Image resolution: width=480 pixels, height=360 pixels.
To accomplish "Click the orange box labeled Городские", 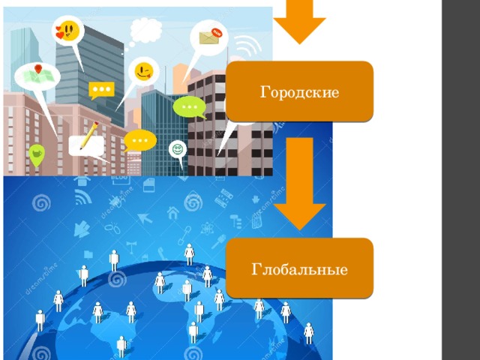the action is [x=299, y=91].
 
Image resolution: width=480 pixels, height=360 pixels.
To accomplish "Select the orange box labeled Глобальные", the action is [x=299, y=268].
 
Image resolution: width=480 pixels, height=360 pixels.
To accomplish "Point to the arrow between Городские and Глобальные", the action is [x=299, y=184].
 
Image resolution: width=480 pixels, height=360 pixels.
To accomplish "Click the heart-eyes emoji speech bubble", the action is [x=67, y=31].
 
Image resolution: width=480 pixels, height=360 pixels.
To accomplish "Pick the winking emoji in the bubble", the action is [x=144, y=72].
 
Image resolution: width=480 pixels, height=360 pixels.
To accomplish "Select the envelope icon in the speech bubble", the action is [x=210, y=37].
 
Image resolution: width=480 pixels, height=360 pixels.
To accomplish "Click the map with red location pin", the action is [x=37, y=75].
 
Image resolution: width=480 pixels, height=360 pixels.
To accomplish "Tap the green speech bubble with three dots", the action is [x=190, y=107].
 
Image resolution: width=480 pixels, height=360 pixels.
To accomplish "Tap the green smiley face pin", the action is [x=178, y=150].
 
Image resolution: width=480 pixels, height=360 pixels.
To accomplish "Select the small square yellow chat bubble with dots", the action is [x=101, y=90].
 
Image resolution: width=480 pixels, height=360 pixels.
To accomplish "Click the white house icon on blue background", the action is [x=173, y=213].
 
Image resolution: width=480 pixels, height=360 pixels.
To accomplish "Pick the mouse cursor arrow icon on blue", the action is [x=145, y=218].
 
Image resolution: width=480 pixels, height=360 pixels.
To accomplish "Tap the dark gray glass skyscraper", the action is [x=91, y=73].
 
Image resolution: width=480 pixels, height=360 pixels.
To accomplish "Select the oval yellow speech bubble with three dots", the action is [x=140, y=140].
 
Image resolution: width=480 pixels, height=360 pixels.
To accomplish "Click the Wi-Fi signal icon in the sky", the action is [x=247, y=45].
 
